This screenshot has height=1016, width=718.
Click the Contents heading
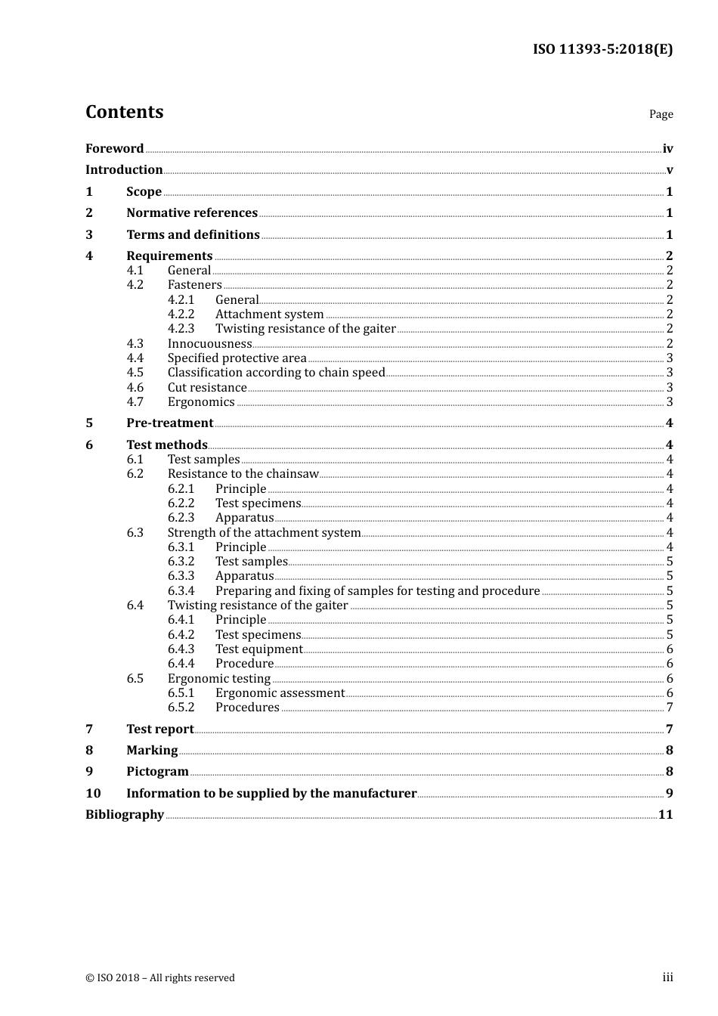pos(124,112)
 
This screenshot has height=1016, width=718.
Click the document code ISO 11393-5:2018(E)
pos(602,49)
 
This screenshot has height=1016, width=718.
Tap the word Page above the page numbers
pos(661,114)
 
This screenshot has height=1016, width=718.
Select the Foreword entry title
pos(114,148)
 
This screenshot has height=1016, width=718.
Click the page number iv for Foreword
pos(667,148)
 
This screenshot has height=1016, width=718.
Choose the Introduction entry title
pos(124,169)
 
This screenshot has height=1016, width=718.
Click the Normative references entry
pos(192,212)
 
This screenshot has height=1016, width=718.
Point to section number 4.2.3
pos(181,328)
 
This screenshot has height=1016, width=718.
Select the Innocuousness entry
pos(209,343)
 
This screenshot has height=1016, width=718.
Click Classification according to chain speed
pos(276,372)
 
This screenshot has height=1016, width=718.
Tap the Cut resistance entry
pos(207,387)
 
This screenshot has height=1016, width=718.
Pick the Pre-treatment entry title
pos(169,423)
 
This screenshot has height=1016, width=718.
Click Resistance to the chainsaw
pos(243,473)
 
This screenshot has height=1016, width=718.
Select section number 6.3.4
pos(181,590)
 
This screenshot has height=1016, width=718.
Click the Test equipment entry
pos(258,649)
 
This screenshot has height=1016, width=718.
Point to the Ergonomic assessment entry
pos(280,692)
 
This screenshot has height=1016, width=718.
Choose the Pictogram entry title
pos(157,771)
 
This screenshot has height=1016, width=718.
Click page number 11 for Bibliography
pos(665,814)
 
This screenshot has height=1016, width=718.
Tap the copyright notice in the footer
pos(160,977)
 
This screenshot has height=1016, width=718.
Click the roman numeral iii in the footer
pos(667,977)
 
